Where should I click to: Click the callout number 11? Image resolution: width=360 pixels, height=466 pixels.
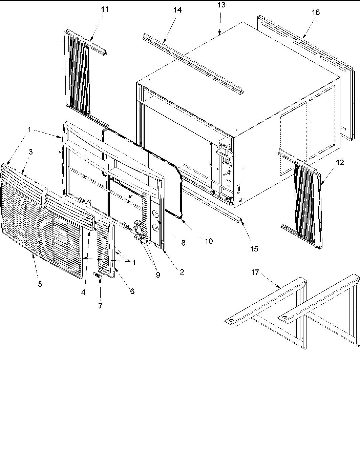point(105,9)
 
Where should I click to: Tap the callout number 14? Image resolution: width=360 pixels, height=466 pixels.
point(177,10)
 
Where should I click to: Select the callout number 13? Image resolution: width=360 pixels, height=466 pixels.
point(222,5)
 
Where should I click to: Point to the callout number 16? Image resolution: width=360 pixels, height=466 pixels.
point(315,12)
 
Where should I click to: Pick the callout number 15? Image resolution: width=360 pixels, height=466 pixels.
point(254,249)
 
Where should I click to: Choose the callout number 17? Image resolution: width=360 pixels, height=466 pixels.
point(255,273)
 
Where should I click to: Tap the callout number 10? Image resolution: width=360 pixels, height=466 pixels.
point(209,241)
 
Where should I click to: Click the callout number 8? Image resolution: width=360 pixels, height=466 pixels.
point(183,243)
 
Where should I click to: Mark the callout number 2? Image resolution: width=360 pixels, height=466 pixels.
point(182,272)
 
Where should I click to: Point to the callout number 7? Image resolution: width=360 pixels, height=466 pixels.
point(100,306)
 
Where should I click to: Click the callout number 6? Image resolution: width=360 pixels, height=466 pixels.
point(132,291)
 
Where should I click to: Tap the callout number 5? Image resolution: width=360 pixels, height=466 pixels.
point(40,284)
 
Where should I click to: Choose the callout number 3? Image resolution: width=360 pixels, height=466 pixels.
point(30,152)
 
